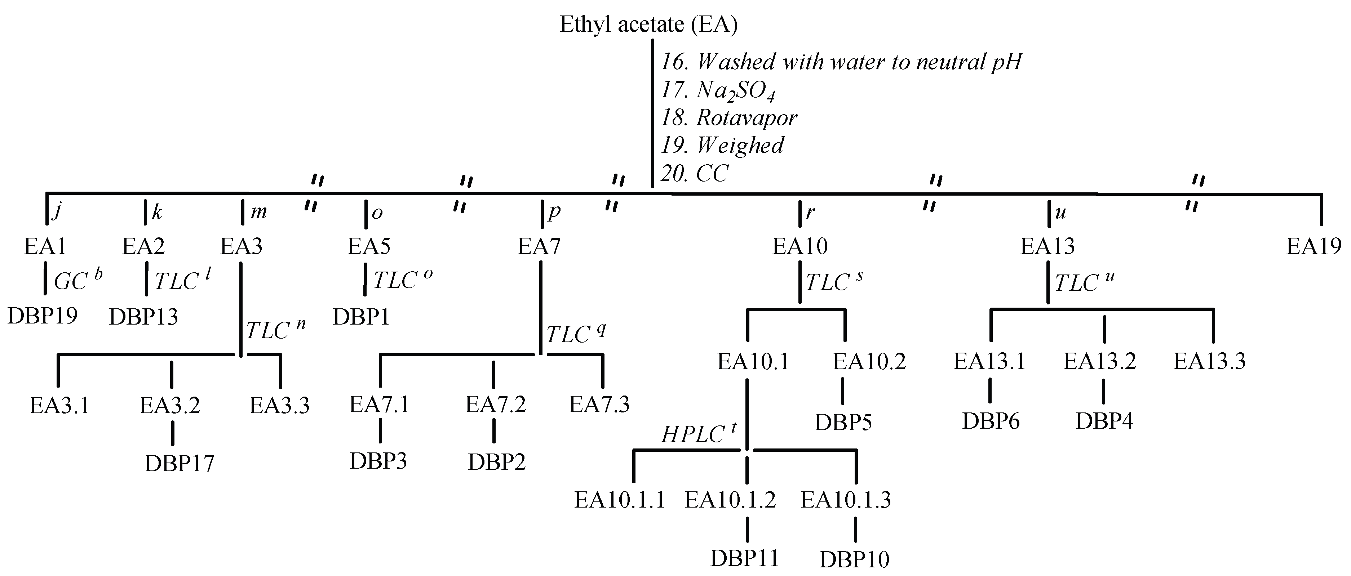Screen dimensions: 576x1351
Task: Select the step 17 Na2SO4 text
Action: (717, 91)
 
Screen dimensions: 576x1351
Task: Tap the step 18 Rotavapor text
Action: (729, 118)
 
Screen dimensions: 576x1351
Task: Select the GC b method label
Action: (77, 280)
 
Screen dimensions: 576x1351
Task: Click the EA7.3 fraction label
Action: (599, 405)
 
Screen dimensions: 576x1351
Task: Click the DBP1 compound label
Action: (361, 317)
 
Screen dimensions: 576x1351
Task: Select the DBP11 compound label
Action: (744, 559)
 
